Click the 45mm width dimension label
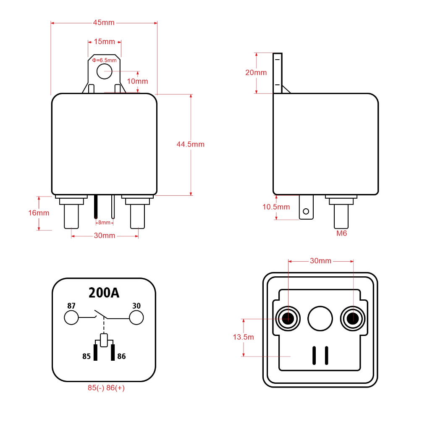click(x=104, y=23)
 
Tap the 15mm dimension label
click(x=104, y=42)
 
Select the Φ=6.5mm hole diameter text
click(x=104, y=60)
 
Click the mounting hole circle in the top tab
click(x=105, y=71)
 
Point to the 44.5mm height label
click(x=191, y=144)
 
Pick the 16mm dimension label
click(x=39, y=213)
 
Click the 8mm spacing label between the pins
click(x=104, y=223)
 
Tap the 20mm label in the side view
click(x=256, y=72)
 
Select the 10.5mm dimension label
click(x=276, y=207)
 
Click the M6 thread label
click(x=342, y=233)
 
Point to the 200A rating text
click(x=104, y=293)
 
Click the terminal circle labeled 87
click(x=71, y=317)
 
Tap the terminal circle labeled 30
click(x=136, y=317)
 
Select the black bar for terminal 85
click(x=95, y=352)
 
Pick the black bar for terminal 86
click(x=113, y=352)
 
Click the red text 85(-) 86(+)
click(x=106, y=388)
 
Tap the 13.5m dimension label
click(x=243, y=337)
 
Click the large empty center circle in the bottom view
click(x=320, y=318)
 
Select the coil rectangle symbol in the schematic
click(x=104, y=340)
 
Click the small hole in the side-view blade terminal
click(x=306, y=211)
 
